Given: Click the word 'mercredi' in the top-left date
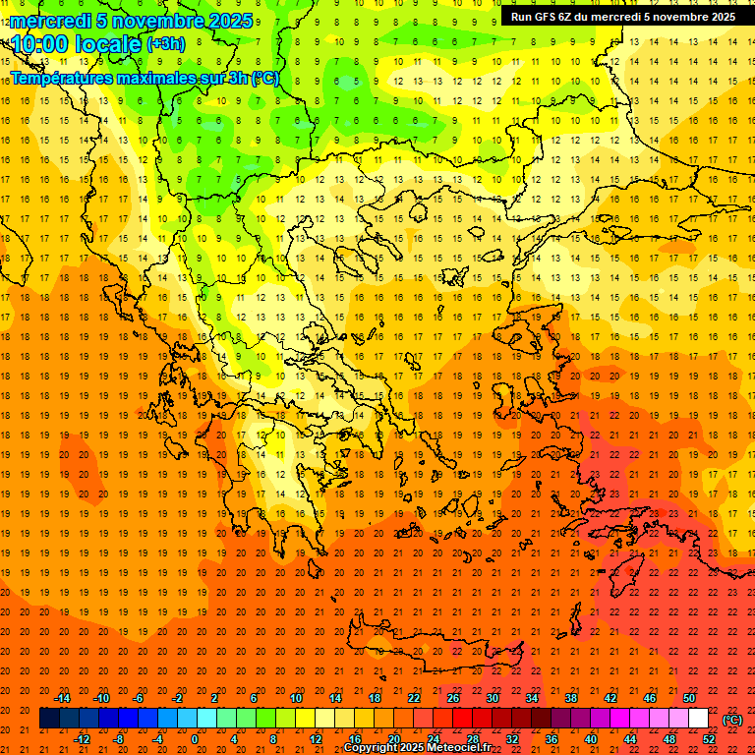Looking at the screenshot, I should [46, 20].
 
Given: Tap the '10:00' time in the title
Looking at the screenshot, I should [38, 43].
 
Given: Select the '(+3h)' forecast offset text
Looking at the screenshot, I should [164, 43].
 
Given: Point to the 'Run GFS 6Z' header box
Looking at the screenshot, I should [622, 17].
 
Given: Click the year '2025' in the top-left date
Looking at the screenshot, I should [230, 20].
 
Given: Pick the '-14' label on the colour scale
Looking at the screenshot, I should [62, 698].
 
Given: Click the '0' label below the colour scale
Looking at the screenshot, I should [195, 739].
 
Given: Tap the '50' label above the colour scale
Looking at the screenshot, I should [689, 698].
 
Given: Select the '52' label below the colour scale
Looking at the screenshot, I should [709, 739].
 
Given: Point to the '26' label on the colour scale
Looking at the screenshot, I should [453, 698].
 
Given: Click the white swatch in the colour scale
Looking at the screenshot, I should [699, 719].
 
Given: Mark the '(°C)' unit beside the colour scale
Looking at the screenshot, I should [732, 719].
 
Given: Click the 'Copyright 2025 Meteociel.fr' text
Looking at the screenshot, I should [417, 748].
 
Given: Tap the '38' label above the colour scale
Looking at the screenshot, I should [571, 698].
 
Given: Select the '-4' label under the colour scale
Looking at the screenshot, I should [157, 739].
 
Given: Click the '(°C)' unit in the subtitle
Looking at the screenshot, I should [264, 78].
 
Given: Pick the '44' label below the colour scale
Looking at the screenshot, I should [630, 739].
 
